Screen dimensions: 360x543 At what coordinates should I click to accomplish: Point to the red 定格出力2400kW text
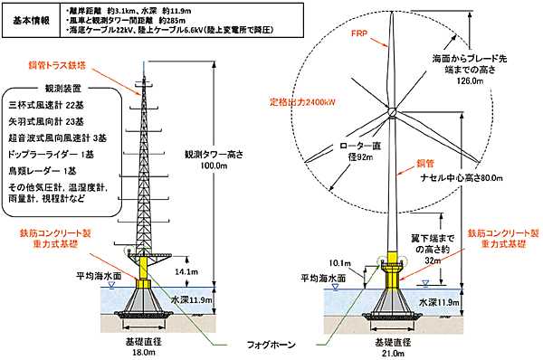tap(303, 101)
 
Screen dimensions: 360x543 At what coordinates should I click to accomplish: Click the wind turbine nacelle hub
tap(393, 113)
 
